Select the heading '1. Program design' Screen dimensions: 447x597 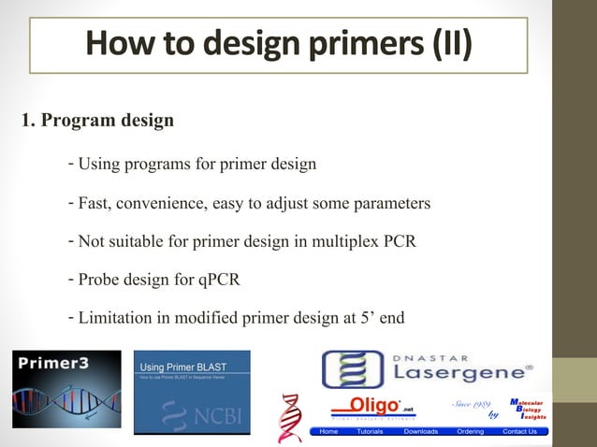click(96, 122)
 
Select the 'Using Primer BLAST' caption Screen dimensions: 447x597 click(182, 365)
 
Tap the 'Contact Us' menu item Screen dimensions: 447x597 click(519, 431)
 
